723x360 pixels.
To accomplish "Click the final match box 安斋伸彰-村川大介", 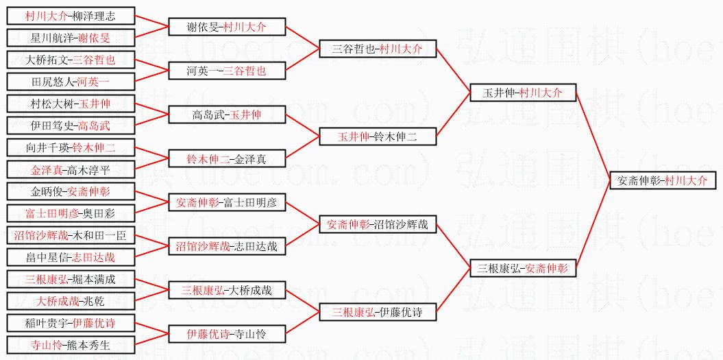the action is [x=662, y=180].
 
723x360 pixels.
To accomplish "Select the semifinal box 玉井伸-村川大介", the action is [x=523, y=93].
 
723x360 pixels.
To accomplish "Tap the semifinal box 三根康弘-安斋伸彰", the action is [x=523, y=268].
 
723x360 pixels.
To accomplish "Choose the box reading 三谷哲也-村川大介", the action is [x=377, y=49].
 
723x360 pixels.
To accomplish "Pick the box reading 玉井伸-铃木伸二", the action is [x=377, y=136].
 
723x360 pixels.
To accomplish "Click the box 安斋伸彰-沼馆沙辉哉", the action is [x=377, y=224].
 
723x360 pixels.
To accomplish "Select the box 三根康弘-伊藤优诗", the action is [x=377, y=312].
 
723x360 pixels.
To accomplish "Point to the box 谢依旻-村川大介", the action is [x=226, y=27].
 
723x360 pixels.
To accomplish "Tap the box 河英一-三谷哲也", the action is [x=226, y=71].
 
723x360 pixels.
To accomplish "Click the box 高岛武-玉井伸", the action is [x=226, y=115].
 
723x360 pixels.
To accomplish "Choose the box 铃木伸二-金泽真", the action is [x=226, y=158].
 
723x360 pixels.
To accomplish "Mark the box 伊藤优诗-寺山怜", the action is [x=226, y=334].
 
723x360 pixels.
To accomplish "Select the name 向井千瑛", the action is [x=48, y=147].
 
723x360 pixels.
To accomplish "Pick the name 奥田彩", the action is [x=99, y=213].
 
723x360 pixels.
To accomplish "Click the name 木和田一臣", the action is [x=99, y=235].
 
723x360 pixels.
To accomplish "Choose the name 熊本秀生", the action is [x=88, y=345].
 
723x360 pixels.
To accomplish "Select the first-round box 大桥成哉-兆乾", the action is [x=71, y=301].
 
